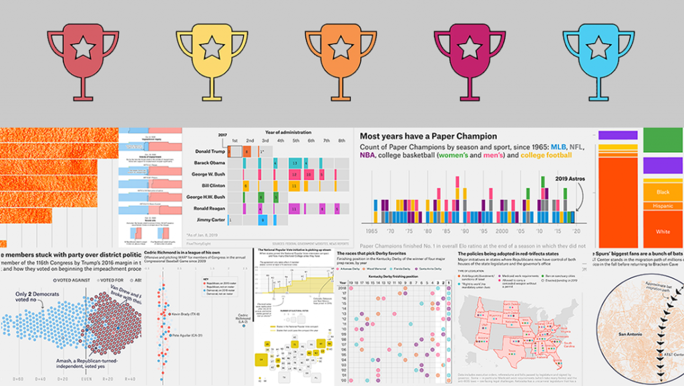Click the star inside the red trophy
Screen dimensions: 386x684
(x=83, y=47)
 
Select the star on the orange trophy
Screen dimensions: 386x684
(x=341, y=47)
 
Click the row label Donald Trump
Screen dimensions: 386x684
(x=206, y=152)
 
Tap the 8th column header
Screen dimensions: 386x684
(x=341, y=140)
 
